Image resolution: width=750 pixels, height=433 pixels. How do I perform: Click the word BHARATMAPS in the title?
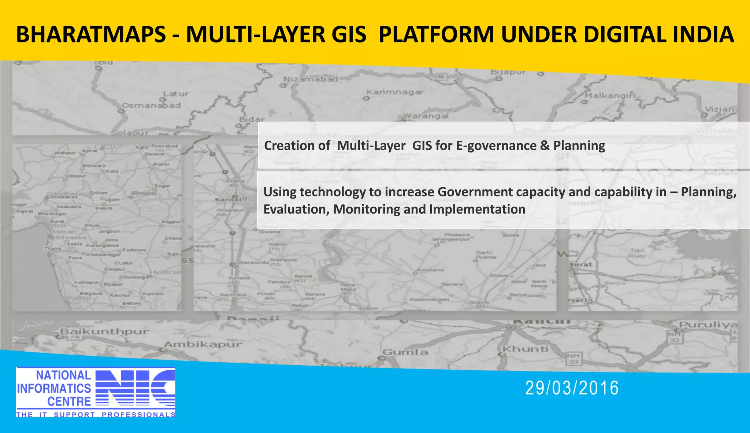click(91, 35)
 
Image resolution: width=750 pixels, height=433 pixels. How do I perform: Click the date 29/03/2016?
click(572, 388)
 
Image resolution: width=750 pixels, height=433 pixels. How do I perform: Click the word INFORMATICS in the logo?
click(54, 388)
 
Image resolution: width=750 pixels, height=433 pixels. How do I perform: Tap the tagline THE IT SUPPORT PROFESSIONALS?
click(96, 415)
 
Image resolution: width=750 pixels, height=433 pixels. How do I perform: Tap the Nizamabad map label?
click(311, 79)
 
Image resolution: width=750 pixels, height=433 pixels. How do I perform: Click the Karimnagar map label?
click(396, 92)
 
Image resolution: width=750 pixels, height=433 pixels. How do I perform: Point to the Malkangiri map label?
click(610, 96)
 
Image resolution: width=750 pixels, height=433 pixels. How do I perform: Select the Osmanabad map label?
click(151, 106)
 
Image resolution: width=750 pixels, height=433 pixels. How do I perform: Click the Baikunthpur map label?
click(105, 332)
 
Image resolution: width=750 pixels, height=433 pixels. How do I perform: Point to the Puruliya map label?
click(708, 325)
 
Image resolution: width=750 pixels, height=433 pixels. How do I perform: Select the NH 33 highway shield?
click(573, 359)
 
